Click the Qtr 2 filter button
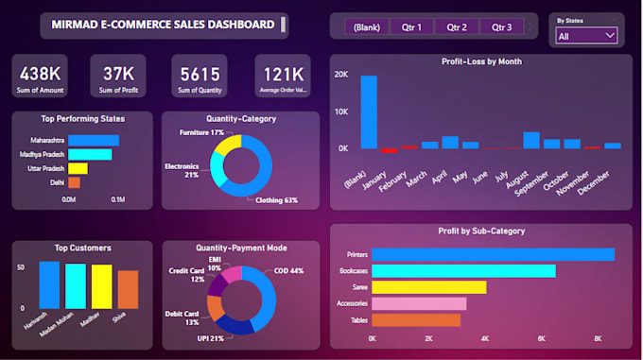tap(457, 26)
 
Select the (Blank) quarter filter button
tap(366, 26)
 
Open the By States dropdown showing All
tap(586, 36)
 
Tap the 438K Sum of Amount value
tap(41, 73)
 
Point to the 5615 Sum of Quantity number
tap(199, 73)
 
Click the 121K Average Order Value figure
tap(283, 73)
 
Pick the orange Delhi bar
tap(74, 182)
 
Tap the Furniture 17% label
tap(201, 133)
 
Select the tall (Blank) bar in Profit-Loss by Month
tap(369, 111)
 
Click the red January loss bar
tap(389, 149)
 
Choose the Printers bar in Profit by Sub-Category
tap(493, 254)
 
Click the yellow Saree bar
tap(428, 287)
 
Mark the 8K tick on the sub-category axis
tap(599, 337)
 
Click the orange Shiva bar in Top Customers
tap(127, 289)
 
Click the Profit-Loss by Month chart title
tap(482, 61)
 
